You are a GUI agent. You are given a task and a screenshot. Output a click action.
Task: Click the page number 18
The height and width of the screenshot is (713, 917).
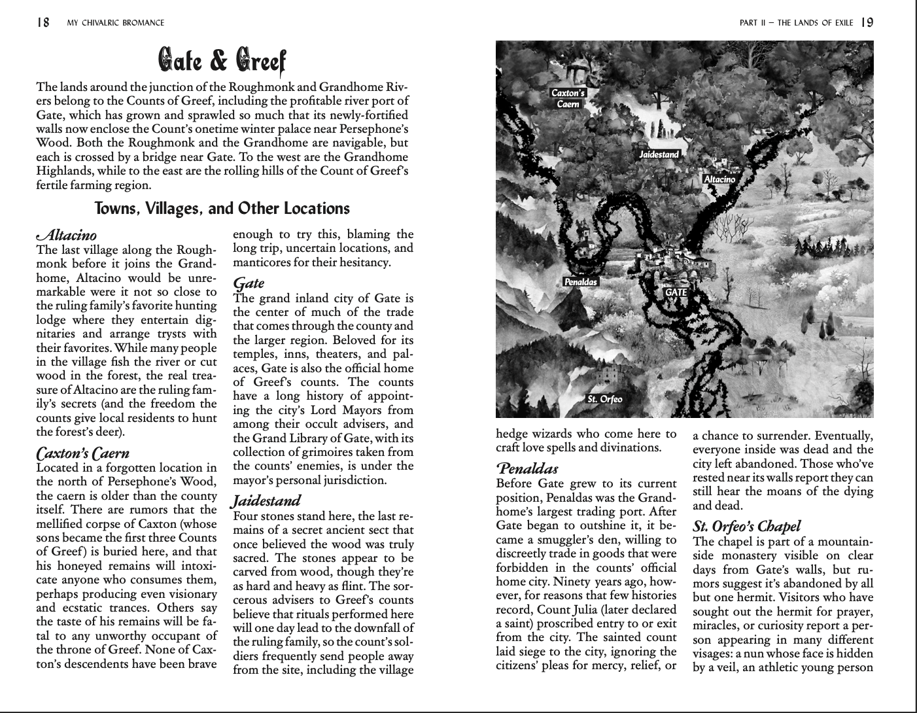[43, 23]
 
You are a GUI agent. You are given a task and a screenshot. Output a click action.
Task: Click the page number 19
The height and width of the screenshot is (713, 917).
[867, 23]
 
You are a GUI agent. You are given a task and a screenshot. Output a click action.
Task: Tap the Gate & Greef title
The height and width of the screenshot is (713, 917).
[222, 61]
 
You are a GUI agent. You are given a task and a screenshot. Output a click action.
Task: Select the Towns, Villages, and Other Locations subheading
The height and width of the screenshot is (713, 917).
[222, 209]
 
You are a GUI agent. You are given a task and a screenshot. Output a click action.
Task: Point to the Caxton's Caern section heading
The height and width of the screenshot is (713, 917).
[82, 453]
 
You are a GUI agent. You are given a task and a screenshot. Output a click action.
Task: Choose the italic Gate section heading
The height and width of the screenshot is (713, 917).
[249, 283]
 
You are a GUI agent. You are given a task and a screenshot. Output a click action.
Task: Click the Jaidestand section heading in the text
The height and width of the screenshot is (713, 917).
[266, 501]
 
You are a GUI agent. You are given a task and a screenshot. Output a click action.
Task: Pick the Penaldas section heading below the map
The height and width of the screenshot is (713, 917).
[527, 469]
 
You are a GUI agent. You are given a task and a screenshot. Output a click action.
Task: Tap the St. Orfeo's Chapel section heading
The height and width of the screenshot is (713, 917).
[746, 527]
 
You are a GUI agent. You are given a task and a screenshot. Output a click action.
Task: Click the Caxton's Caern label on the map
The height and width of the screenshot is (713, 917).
[568, 98]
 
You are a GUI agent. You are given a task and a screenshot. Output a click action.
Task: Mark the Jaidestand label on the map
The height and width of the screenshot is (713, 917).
[659, 154]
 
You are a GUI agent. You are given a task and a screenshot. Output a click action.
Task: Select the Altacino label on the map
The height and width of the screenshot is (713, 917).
[719, 179]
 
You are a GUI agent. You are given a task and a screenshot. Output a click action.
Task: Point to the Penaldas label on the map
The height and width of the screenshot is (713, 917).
[580, 282]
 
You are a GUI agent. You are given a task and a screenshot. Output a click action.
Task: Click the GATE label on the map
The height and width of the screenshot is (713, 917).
[676, 292]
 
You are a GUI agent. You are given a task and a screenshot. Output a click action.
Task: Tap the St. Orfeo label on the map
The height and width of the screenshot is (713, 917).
[604, 399]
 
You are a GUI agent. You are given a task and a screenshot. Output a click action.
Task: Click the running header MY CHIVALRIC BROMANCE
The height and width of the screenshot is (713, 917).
[116, 24]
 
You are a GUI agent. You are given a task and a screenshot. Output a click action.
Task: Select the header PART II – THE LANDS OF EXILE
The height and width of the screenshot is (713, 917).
[796, 23]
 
